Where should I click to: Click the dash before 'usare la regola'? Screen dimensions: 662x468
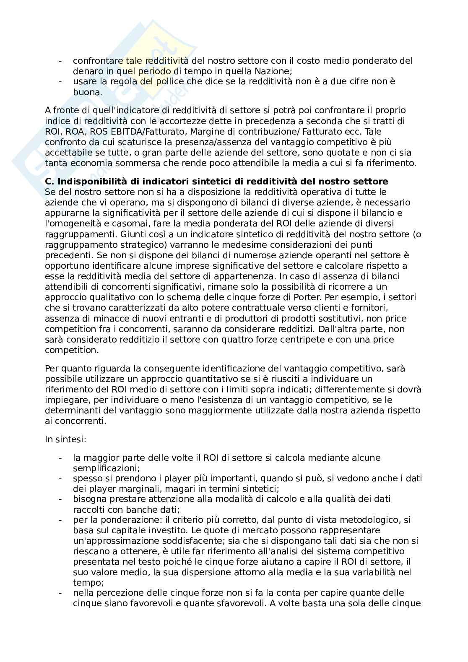[x=61, y=81]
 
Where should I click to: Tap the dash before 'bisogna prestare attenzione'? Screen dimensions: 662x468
[x=61, y=499]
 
